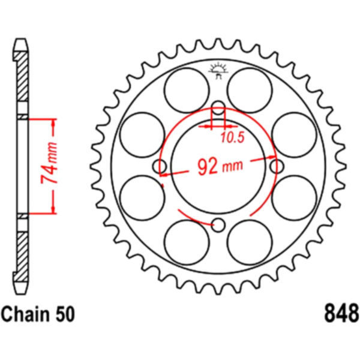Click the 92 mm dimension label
pos(220,166)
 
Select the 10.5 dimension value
pos(233,137)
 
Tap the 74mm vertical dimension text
pos(49,163)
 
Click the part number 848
pos(341,313)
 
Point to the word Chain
pos(26,314)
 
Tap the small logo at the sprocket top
pos(218,70)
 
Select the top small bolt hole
pos(218,107)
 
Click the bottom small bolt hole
pos(218,225)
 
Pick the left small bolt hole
pos(160,166)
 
